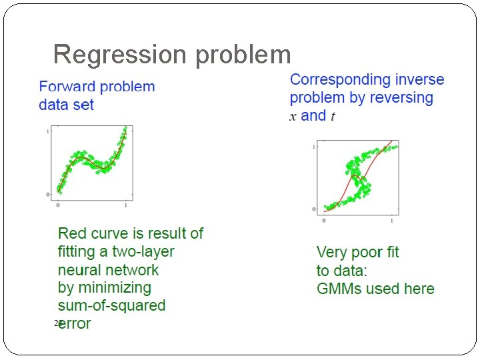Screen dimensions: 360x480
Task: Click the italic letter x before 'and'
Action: pyautogui.click(x=293, y=117)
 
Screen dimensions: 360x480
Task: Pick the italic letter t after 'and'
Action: pyautogui.click(x=333, y=116)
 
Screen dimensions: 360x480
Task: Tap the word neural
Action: pyautogui.click(x=79, y=270)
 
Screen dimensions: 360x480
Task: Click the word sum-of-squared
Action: pyautogui.click(x=112, y=306)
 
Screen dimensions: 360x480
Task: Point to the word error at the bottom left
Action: pyautogui.click(x=75, y=324)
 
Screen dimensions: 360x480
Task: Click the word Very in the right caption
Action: pyautogui.click(x=332, y=253)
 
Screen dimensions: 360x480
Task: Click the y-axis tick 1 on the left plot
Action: pyautogui.click(x=47, y=132)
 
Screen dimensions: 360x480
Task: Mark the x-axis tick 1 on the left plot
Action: pyautogui.click(x=125, y=205)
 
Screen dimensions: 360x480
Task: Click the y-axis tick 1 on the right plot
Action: pyautogui.click(x=314, y=146)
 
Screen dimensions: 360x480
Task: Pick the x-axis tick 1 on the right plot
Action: pyautogui.click(x=391, y=220)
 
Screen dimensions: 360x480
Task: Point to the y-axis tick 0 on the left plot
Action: pyautogui.click(x=47, y=195)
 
